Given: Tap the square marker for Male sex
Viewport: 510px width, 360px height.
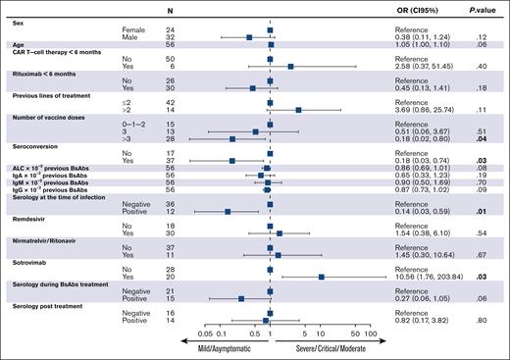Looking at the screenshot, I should [x=249, y=37].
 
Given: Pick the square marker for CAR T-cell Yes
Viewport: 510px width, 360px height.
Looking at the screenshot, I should [x=290, y=66].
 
